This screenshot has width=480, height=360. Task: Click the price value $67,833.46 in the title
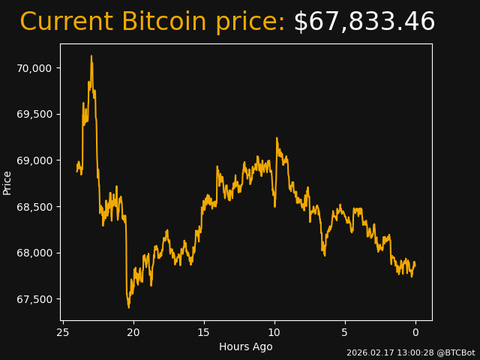point(364,22)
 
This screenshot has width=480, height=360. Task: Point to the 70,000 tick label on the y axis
point(34,68)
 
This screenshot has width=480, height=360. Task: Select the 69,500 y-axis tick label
point(34,114)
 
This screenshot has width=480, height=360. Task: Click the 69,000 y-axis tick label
point(34,160)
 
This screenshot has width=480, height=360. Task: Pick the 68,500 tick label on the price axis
point(34,207)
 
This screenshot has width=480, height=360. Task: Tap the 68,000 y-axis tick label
point(34,253)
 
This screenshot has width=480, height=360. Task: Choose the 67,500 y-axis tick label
point(34,299)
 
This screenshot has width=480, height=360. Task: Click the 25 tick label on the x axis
point(63,332)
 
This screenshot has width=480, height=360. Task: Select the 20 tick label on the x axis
point(133,332)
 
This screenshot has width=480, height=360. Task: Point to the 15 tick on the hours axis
point(204,332)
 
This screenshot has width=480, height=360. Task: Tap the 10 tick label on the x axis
point(274,332)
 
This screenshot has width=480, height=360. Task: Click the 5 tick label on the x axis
point(345,332)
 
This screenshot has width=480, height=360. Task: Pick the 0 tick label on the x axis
point(415,332)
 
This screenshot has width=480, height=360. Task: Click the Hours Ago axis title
point(246,346)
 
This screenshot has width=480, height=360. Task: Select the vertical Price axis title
point(7,182)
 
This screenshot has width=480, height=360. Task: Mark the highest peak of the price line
point(91,56)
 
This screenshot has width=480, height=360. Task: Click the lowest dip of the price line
point(128,307)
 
